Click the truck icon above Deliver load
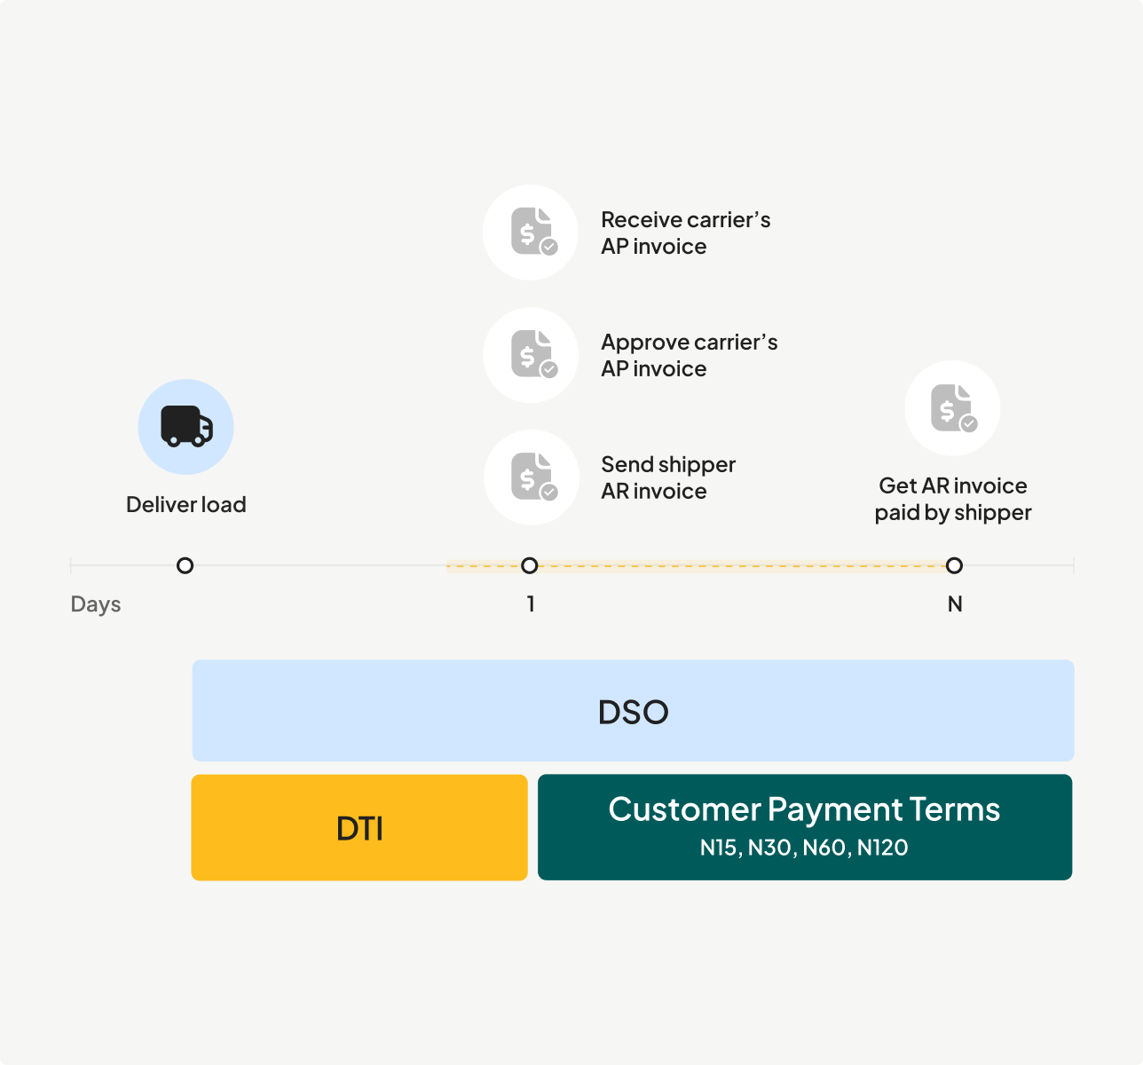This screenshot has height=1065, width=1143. [x=186, y=427]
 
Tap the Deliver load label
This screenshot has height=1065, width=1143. [x=186, y=505]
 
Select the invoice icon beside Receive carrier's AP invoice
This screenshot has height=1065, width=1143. [x=531, y=233]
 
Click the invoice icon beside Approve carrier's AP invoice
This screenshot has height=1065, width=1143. [x=531, y=355]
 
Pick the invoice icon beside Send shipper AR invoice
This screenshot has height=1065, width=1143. [x=531, y=477]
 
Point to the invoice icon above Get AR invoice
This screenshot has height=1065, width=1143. [x=952, y=408]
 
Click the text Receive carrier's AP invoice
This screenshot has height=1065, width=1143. [x=685, y=233]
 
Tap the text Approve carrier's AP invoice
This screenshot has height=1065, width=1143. [x=689, y=355]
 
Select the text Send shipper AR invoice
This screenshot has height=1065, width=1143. [x=668, y=477]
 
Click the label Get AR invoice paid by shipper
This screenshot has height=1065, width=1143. [x=953, y=499]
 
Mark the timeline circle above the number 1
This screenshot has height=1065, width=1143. [x=530, y=565]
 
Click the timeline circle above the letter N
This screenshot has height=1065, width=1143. [x=954, y=565]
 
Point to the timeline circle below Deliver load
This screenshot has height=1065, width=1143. [x=185, y=565]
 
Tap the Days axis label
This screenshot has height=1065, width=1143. [x=96, y=604]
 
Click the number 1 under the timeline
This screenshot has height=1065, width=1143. [x=531, y=604]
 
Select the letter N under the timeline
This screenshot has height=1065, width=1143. [x=955, y=604]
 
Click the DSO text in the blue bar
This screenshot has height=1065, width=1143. [x=633, y=712]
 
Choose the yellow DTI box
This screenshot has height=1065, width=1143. [x=359, y=827]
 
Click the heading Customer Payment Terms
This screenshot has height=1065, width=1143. [x=804, y=809]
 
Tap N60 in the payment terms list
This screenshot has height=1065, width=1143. [x=824, y=848]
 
